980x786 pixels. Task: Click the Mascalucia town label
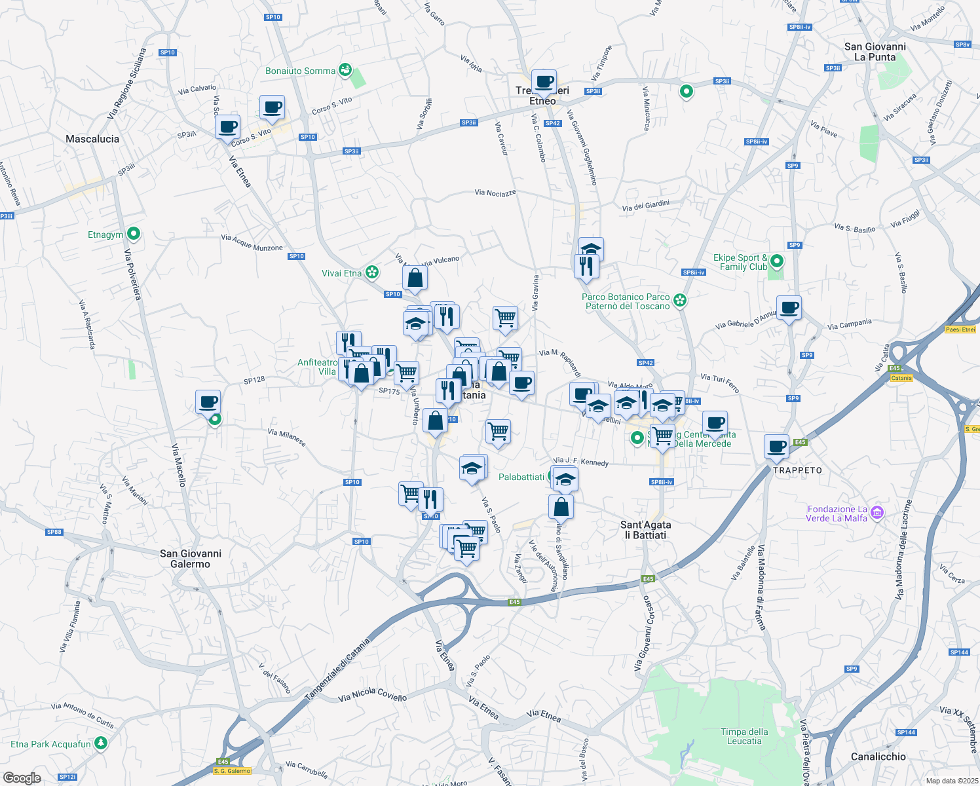tap(92, 139)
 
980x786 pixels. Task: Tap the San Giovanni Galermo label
tap(191, 559)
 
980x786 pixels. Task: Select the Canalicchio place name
tap(878, 757)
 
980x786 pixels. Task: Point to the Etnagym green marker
tap(134, 233)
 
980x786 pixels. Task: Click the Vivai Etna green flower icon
tap(371, 272)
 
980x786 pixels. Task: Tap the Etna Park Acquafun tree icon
tap(100, 743)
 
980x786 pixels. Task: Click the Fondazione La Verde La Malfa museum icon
tap(878, 512)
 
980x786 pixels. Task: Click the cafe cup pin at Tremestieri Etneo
tap(544, 82)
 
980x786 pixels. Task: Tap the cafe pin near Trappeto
tap(777, 447)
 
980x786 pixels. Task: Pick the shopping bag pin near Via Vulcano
tap(415, 278)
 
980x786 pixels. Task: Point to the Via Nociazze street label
tap(495, 193)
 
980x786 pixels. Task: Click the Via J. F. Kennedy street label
tap(582, 462)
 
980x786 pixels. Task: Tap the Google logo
tap(22, 777)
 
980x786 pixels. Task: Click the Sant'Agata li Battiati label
tap(645, 530)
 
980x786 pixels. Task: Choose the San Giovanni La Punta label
tap(875, 52)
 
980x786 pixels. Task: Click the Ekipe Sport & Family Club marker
tap(776, 261)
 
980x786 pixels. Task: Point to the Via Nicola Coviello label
tap(372, 694)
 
